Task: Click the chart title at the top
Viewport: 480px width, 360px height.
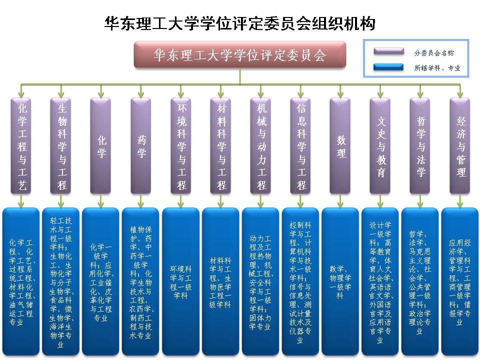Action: coord(240,23)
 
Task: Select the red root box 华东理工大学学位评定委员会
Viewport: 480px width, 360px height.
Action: coord(240,55)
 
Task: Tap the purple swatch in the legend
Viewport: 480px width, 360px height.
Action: coord(388,52)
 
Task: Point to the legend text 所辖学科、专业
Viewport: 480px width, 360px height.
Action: coord(437,67)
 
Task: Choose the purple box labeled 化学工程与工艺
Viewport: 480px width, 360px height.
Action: coord(21,145)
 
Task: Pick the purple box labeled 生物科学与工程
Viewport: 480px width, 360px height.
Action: coord(61,145)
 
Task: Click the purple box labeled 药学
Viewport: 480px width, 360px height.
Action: coord(141,145)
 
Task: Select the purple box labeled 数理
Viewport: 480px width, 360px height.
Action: coord(341,145)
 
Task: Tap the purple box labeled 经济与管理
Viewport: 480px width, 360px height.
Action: coord(461,145)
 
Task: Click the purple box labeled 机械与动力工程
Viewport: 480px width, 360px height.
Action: coord(261,145)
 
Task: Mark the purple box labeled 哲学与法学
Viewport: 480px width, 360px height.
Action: coord(421,145)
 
